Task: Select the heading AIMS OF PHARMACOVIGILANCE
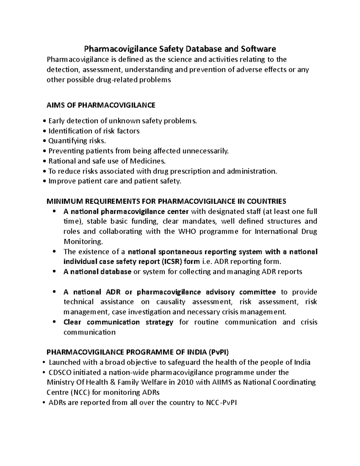tap(101, 105)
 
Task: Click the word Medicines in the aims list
tap(147, 161)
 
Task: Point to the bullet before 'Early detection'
tap(45, 121)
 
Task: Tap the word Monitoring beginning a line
tap(83, 242)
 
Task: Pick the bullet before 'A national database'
tap(54, 271)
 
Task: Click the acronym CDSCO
tap(60, 372)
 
